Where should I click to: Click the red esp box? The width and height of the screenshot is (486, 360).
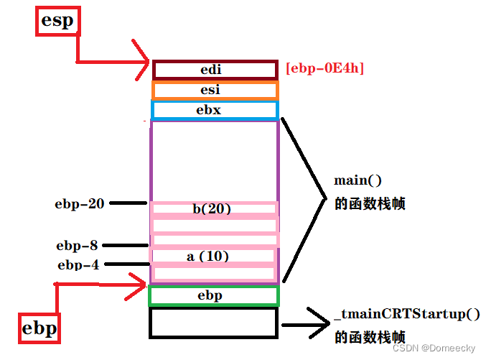pyautogui.click(x=57, y=21)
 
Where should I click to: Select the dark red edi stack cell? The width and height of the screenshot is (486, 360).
pyautogui.click(x=215, y=70)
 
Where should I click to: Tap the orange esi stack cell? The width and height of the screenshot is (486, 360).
pyautogui.click(x=215, y=91)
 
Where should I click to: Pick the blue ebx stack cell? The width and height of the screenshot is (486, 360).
pyautogui.click(x=215, y=110)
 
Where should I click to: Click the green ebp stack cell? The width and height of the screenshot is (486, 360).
pyautogui.click(x=213, y=296)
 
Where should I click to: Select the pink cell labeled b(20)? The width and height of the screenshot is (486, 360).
pyautogui.click(x=214, y=209)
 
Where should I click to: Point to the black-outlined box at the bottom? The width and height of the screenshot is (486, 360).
pyautogui.click(x=213, y=323)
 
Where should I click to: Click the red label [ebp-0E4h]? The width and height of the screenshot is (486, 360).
pyautogui.click(x=324, y=69)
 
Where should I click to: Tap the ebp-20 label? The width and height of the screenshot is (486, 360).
pyautogui.click(x=80, y=204)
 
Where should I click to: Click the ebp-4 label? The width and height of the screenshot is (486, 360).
pyautogui.click(x=78, y=265)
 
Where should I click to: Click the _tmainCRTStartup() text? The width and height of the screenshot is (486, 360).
pyautogui.click(x=407, y=314)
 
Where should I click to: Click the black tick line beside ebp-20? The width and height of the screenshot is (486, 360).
pyautogui.click(x=128, y=203)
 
